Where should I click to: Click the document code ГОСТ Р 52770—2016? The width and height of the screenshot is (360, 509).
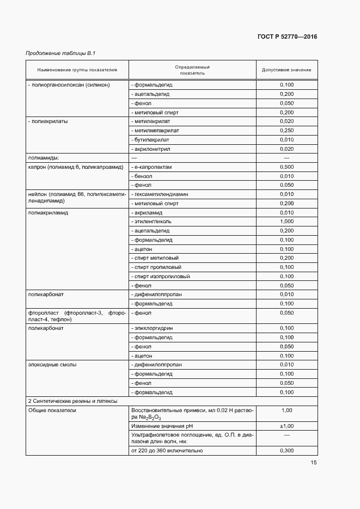[x=287, y=37]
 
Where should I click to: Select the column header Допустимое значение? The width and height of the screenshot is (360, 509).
[x=286, y=70]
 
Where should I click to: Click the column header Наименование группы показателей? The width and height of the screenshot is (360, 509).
[x=77, y=70]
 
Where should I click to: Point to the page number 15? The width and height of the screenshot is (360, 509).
[x=314, y=463]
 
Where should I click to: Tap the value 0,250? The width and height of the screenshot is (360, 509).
[x=286, y=131]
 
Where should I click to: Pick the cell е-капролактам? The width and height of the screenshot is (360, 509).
[x=152, y=167]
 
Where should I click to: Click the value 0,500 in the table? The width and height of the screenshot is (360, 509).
[x=286, y=167]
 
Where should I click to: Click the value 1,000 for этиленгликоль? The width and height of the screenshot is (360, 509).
[x=286, y=222]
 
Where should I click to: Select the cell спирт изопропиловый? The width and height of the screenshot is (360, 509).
[x=161, y=277]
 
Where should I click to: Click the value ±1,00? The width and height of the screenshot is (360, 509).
[x=286, y=426]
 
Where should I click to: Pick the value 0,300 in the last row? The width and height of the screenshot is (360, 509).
[x=286, y=451]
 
